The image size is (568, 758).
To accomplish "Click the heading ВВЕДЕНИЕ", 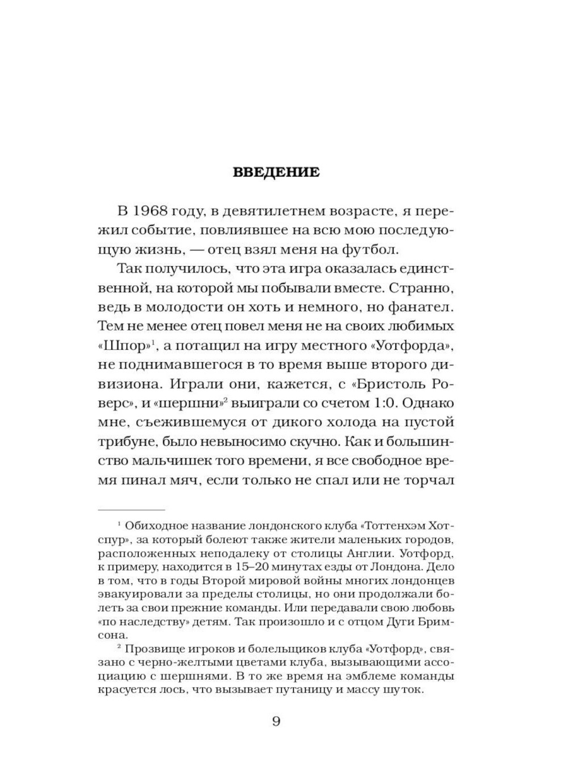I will (x=276, y=172).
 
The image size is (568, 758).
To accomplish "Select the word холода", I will (x=332, y=423).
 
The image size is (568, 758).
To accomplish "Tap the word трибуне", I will (x=127, y=442).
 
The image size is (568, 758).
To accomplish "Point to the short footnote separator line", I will (x=131, y=510).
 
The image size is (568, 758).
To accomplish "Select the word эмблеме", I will (x=376, y=677).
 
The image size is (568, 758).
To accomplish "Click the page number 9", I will (x=276, y=722).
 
